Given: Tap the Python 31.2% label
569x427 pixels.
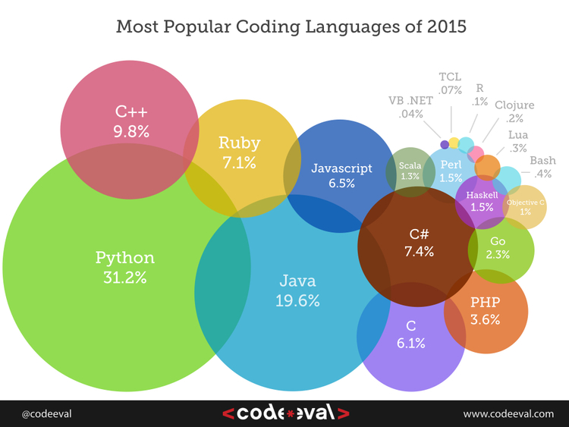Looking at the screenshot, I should tap(124, 267).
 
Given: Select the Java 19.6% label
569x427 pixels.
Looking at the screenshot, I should tap(297, 290).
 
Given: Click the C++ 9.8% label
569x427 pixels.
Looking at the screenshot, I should tap(131, 122).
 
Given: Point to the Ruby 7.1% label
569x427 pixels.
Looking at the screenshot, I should tap(239, 152).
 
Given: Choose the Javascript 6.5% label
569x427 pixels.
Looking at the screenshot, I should tap(341, 175).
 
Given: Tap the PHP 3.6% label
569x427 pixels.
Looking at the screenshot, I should tap(486, 310).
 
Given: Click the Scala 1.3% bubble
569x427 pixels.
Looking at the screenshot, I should tap(410, 171).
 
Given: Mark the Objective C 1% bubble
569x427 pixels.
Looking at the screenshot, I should tap(526, 207).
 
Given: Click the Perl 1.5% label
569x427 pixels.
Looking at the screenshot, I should tap(451, 171).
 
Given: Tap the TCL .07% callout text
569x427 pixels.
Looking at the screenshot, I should tap(451, 83).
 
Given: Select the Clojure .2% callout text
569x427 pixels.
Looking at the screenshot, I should tap(514, 111).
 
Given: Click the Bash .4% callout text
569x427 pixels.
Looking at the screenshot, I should tap(542, 167).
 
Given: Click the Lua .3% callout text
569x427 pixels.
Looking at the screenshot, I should tap(519, 141).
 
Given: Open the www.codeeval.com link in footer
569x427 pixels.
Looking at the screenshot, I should tap(509, 413).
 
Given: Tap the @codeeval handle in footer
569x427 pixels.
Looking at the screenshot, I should tap(47, 413).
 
